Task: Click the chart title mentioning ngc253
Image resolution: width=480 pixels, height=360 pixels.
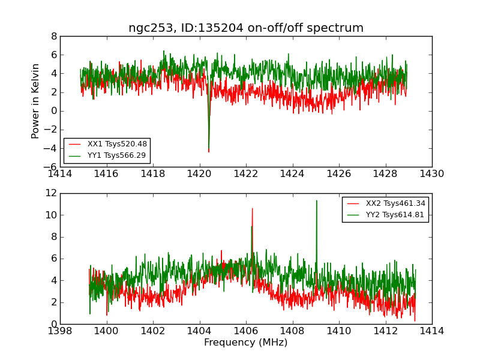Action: point(246,28)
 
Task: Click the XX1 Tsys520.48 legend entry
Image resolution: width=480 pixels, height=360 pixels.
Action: point(116,144)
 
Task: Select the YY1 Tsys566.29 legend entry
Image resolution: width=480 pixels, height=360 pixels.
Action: point(116,155)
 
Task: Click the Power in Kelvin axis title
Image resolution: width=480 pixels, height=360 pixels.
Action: point(36,101)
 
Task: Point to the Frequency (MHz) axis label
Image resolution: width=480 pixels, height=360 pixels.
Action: point(246,343)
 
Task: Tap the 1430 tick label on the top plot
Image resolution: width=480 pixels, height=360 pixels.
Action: point(431,174)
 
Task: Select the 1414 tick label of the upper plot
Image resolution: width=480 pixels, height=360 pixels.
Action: point(61,174)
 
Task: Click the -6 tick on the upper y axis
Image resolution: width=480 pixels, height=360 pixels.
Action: point(50,167)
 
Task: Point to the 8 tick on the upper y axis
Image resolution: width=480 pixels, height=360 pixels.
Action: point(54,36)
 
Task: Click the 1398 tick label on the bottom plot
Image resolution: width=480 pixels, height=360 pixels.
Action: point(61,331)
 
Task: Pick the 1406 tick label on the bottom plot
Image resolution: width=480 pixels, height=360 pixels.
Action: point(246,331)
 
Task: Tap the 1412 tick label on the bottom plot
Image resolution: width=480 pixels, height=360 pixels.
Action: point(385,331)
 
